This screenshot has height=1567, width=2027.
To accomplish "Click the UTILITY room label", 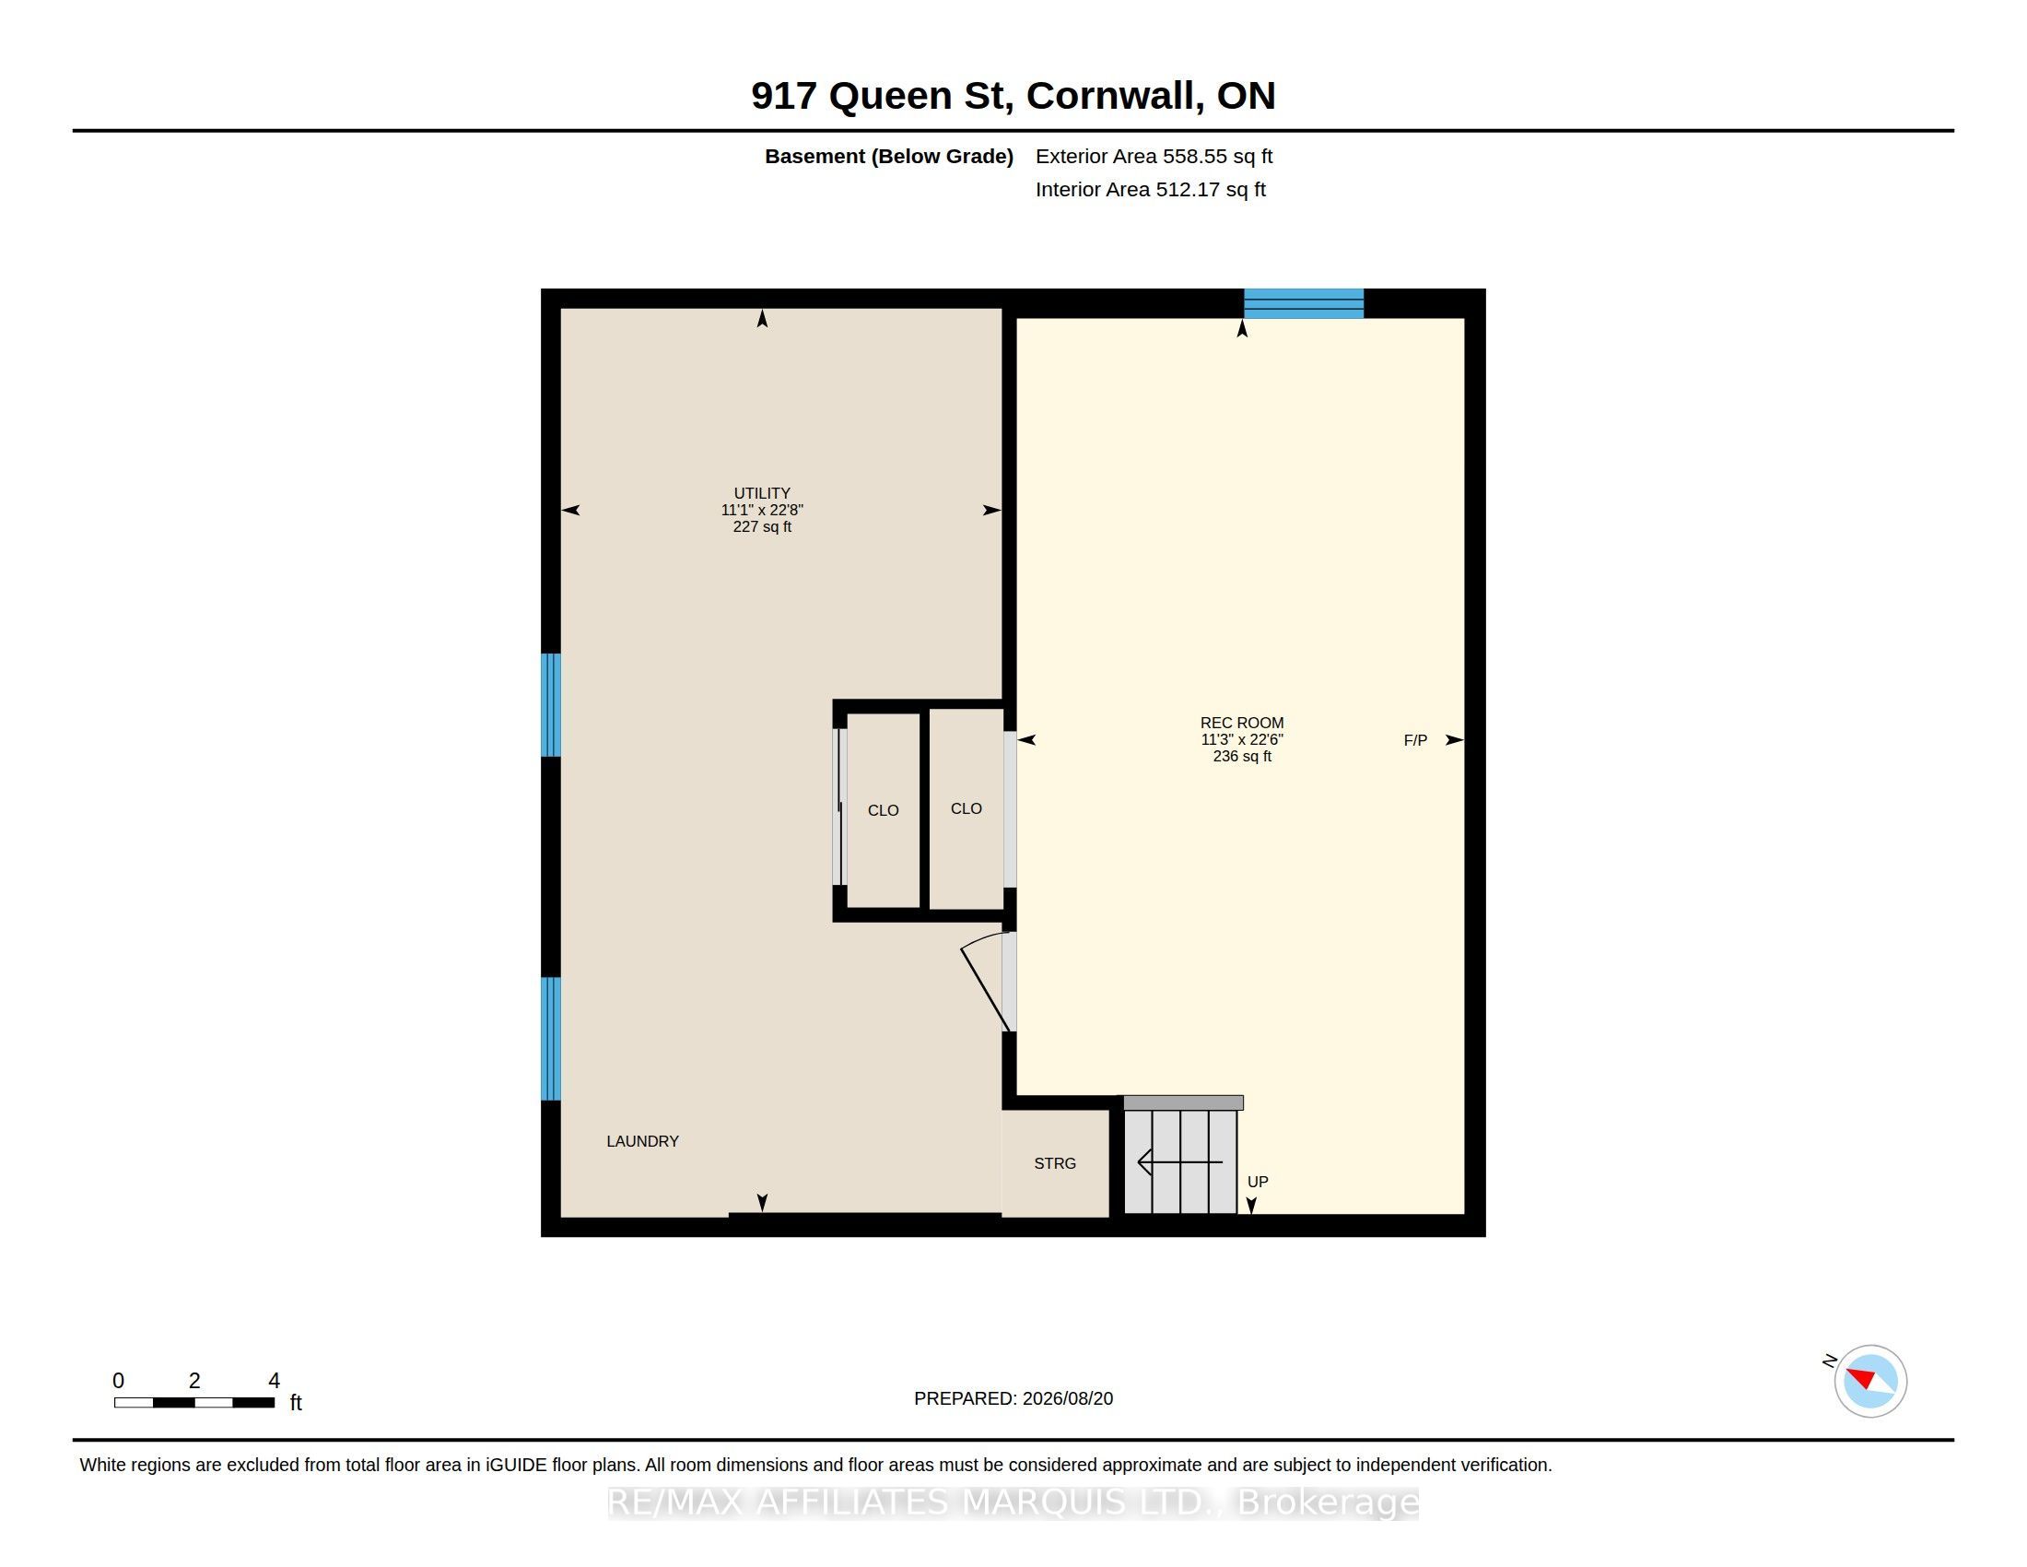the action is pyautogui.click(x=762, y=493).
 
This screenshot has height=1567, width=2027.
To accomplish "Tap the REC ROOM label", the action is pyautogui.click(x=1242, y=723).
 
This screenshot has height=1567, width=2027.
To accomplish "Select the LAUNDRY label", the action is pyautogui.click(x=642, y=1141).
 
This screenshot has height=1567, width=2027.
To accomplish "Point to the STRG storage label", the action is pyautogui.click(x=1055, y=1163).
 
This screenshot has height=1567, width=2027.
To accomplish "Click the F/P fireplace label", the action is pyautogui.click(x=1415, y=740).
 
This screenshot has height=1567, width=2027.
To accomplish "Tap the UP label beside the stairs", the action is pyautogui.click(x=1258, y=1182).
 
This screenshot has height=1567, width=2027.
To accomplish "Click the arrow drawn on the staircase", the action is pyautogui.click(x=1179, y=1161).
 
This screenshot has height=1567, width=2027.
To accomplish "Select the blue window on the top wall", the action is pyautogui.click(x=1303, y=303).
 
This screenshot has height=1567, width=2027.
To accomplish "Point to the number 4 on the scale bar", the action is pyautogui.click(x=274, y=1381).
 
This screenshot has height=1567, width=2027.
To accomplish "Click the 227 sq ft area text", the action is pyautogui.click(x=762, y=526).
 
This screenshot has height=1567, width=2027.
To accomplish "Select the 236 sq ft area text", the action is pyautogui.click(x=1242, y=756).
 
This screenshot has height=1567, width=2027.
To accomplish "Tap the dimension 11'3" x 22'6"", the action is pyautogui.click(x=1242, y=739).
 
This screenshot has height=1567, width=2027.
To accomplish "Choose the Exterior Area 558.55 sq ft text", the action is pyautogui.click(x=1154, y=156).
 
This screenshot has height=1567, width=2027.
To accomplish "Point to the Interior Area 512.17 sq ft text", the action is pyautogui.click(x=1150, y=189).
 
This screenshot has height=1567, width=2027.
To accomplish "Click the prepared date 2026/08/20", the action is pyautogui.click(x=1067, y=1398).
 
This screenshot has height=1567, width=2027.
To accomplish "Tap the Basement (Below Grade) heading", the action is pyautogui.click(x=888, y=156).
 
